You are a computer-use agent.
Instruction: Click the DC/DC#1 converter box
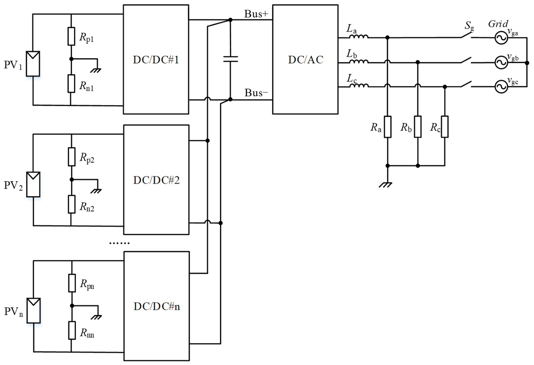click(x=156, y=59)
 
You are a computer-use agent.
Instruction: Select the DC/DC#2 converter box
click(x=156, y=180)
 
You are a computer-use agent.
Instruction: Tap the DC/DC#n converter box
click(x=156, y=306)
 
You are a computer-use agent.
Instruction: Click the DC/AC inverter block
click(x=305, y=59)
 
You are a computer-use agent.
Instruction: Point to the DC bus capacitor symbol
click(x=231, y=59)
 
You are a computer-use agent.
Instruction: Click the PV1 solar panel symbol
click(x=33, y=64)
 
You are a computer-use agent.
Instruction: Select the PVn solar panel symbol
click(x=34, y=310)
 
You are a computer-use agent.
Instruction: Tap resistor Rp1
click(x=71, y=36)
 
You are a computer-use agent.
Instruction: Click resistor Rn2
click(x=71, y=204)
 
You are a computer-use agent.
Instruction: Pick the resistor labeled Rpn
click(x=72, y=283)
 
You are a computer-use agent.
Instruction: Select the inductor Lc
click(x=358, y=85)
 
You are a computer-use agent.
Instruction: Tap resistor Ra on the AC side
click(x=388, y=127)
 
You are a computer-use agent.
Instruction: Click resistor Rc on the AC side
click(x=445, y=127)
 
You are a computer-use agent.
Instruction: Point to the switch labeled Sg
click(x=466, y=36)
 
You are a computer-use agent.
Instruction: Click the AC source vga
click(x=501, y=38)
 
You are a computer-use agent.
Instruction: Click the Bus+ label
click(x=256, y=14)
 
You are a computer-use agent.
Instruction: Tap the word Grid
click(x=498, y=24)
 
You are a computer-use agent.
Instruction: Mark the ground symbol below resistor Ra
click(x=386, y=183)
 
